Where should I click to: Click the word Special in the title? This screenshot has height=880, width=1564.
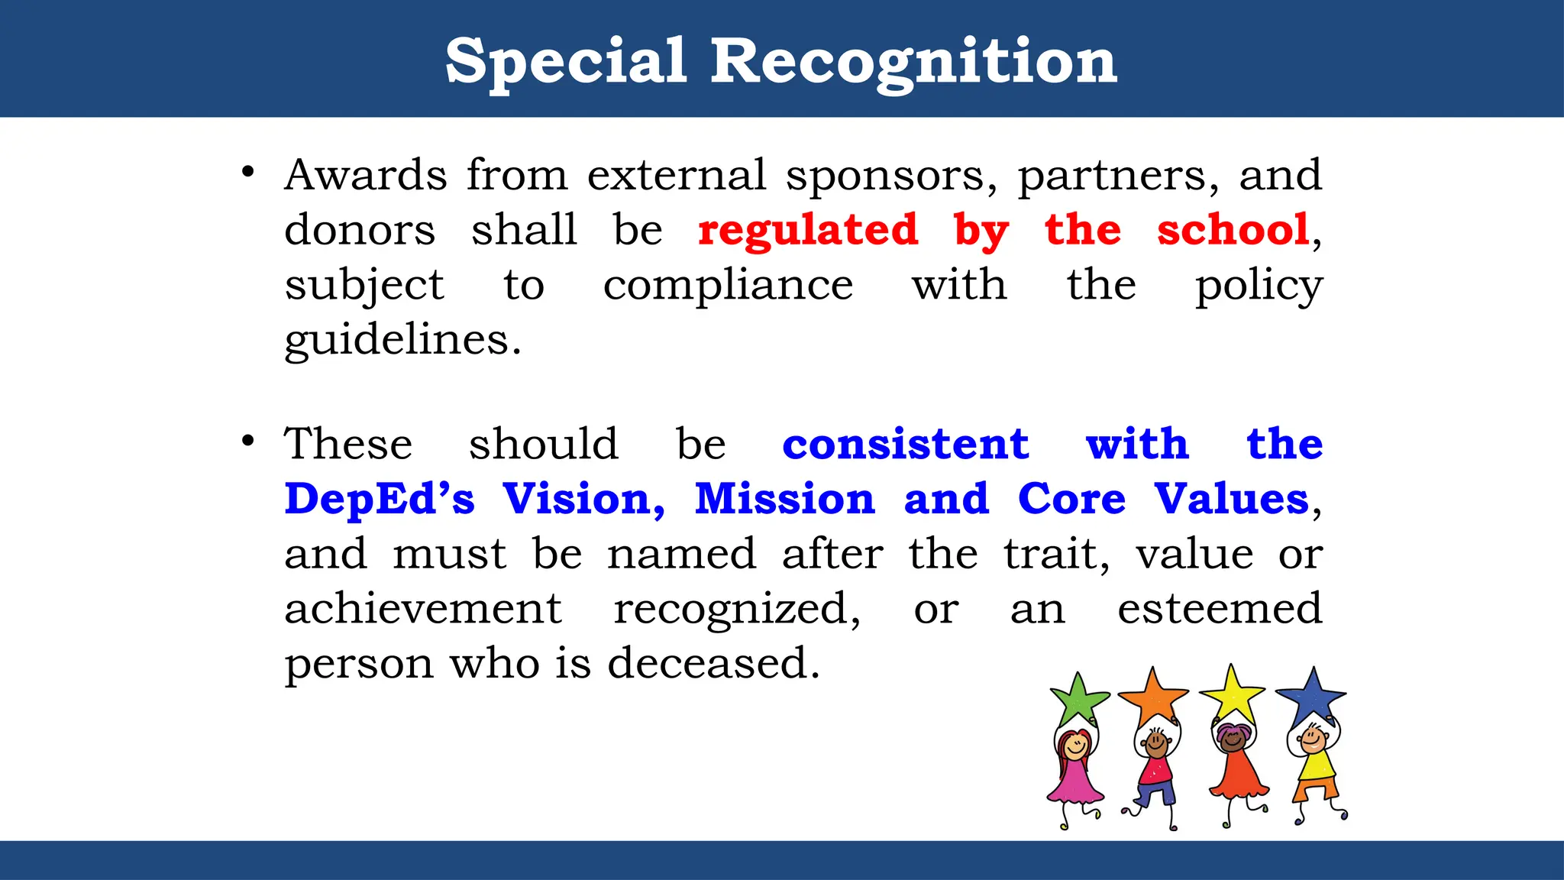(566, 61)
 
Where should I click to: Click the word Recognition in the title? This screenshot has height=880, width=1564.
(914, 61)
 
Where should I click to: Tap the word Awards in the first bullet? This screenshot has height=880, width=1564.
(366, 175)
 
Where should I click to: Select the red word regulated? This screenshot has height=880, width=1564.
(808, 230)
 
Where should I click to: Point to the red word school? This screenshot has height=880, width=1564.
(1233, 230)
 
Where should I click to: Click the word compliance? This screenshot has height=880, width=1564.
(728, 286)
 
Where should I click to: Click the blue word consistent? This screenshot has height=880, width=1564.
(906, 444)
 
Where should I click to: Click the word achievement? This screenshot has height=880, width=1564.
(423, 609)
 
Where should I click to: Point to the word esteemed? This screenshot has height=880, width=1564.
(1220, 609)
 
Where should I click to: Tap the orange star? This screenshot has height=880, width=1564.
(1152, 695)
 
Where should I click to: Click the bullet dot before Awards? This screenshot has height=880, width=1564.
(247, 172)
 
